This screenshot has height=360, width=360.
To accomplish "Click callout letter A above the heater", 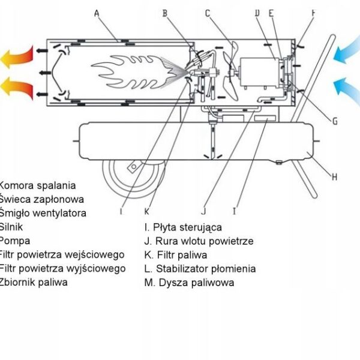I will click(x=97, y=12).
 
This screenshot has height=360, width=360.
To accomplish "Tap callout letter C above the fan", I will click(x=207, y=12).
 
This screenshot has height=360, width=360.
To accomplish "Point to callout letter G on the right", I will click(x=335, y=121).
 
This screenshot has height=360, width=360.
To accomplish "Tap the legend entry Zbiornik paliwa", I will click(x=34, y=281).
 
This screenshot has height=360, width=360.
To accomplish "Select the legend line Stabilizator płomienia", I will click(x=200, y=269).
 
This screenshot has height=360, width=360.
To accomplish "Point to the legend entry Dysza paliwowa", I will click(x=189, y=283).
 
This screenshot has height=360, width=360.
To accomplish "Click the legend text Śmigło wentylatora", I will click(x=43, y=213).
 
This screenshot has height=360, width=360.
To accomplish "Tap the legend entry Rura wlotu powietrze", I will click(x=199, y=241).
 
